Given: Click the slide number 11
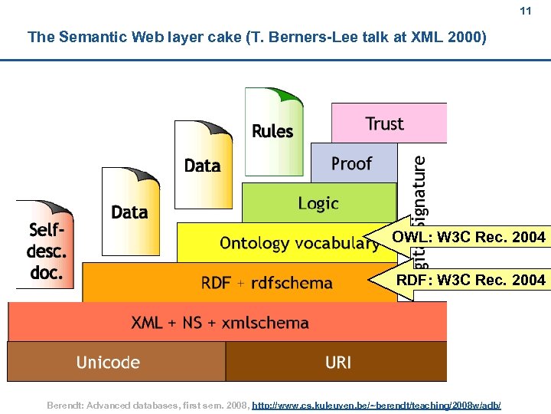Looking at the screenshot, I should (525, 11).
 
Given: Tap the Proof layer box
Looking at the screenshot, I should (352, 163).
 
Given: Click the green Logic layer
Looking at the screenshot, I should (318, 203).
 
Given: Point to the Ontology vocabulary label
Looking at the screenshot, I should (298, 243).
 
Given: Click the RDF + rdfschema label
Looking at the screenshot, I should (267, 283).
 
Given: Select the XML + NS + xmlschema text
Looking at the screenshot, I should (220, 323).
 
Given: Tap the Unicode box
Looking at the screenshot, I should (108, 362).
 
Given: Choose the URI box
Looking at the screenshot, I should (337, 362).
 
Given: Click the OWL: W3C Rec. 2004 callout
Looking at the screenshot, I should (468, 237).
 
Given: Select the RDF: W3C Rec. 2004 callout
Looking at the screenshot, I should (470, 280).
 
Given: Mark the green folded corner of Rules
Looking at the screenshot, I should (289, 97).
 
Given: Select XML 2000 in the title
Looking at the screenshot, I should (447, 37).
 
